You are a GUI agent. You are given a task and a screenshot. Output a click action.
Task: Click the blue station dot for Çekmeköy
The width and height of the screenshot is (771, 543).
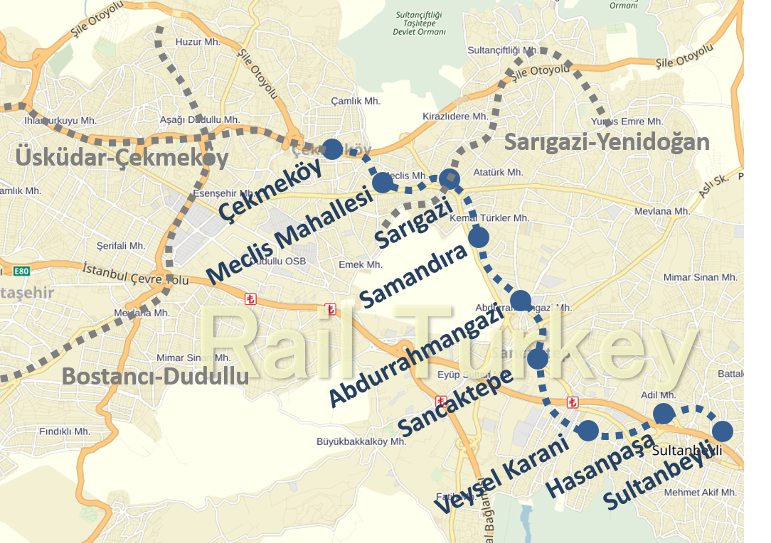332,149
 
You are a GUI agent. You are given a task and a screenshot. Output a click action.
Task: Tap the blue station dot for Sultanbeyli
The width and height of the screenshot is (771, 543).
723,431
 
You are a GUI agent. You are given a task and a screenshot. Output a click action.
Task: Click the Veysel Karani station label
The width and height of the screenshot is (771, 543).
502,475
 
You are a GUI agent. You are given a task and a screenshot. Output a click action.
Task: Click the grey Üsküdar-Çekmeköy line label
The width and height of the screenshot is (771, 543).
122,158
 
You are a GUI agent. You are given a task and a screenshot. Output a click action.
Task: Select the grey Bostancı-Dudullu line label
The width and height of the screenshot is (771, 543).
155,376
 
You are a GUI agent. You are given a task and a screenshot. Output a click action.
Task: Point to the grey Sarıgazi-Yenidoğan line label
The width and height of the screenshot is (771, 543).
607,142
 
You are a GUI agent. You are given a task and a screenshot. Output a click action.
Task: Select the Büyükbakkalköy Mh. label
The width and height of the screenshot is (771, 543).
361,441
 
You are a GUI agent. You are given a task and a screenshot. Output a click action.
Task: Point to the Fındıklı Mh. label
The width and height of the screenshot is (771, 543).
65,431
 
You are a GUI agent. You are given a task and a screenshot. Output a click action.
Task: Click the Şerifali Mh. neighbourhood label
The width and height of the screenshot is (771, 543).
121,246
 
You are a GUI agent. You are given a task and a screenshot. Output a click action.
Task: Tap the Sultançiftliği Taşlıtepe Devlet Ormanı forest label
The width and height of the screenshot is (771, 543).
420,23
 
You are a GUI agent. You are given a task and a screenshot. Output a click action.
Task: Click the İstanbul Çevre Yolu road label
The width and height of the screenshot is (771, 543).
135,274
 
